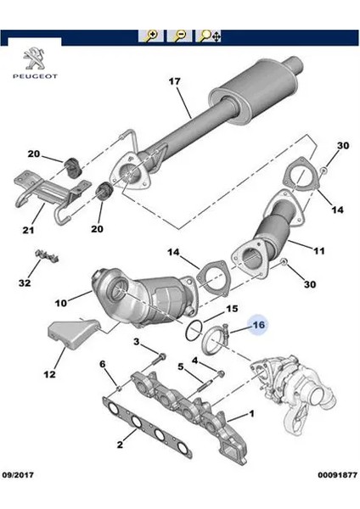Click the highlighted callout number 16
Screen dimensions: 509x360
(259, 323)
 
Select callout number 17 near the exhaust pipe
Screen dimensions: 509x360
(174, 82)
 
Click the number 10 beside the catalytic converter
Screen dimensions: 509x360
(60, 301)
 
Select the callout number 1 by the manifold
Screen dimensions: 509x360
(250, 415)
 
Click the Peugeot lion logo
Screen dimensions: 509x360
(32, 61)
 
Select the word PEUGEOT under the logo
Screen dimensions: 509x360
(32, 77)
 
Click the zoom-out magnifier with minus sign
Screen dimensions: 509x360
(180, 36)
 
